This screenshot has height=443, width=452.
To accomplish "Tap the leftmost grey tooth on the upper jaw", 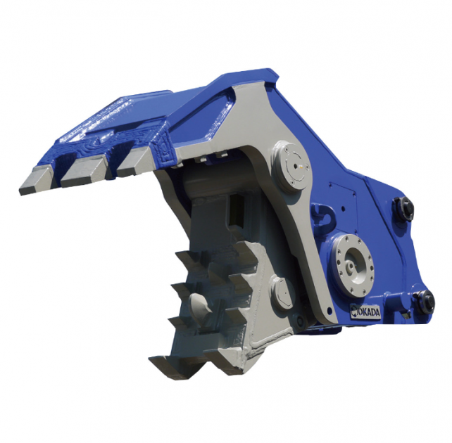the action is [35, 181].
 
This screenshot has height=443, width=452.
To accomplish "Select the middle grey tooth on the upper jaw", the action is [83, 172].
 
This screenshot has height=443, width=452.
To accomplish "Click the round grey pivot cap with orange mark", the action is [291, 166].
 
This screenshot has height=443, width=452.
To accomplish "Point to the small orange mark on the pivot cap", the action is [301, 167].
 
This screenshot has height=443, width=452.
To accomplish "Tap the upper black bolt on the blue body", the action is [403, 208].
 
